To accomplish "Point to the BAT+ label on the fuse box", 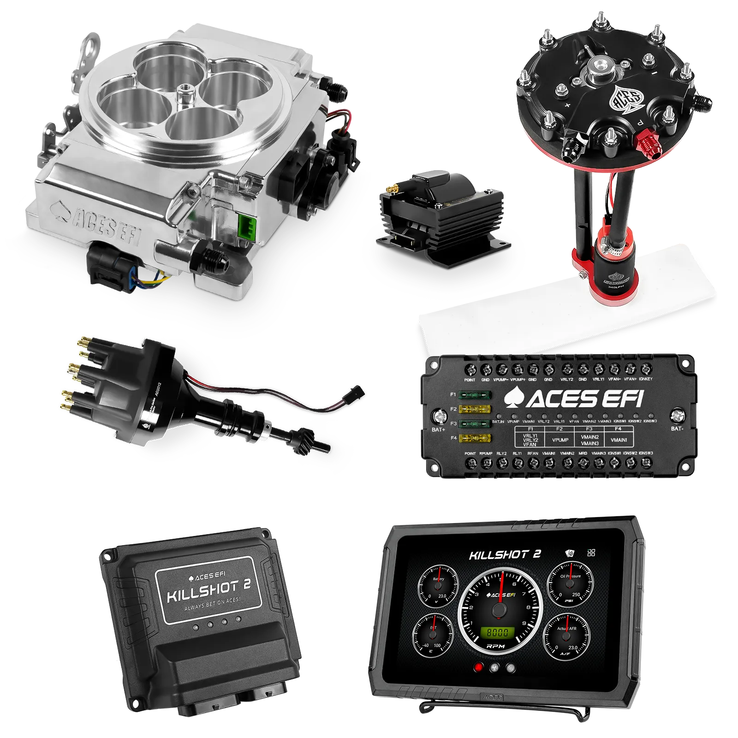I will (x=438, y=429).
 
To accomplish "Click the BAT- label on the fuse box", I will (x=677, y=429).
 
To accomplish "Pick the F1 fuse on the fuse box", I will (x=475, y=395).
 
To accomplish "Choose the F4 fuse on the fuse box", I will (x=475, y=438).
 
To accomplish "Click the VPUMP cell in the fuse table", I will (x=560, y=440).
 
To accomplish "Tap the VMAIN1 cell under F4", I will (x=619, y=440).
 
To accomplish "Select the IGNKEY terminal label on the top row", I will (x=646, y=379).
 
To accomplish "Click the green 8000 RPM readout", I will (x=498, y=632).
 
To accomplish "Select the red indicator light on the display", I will (x=479, y=667).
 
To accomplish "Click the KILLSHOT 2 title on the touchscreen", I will (x=505, y=554).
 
